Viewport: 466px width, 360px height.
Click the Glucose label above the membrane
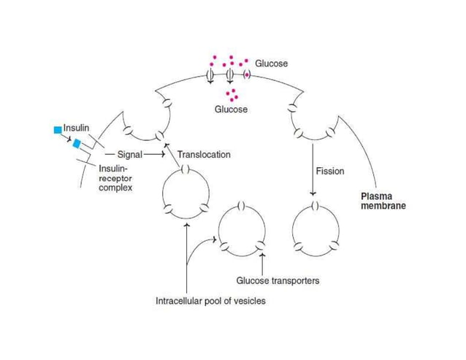[271, 64]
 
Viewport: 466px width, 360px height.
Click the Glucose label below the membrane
[231, 110]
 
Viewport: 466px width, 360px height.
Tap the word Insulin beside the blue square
[76, 128]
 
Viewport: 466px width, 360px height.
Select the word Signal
[129, 155]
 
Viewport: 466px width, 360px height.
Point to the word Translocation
[204, 155]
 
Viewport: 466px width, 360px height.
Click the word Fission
[329, 172]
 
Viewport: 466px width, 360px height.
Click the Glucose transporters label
[278, 280]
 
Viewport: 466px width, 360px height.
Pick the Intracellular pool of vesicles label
[210, 300]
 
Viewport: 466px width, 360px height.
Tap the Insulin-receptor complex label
[116, 177]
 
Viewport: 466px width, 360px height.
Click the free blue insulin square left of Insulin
[57, 130]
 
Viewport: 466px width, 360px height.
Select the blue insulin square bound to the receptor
[77, 143]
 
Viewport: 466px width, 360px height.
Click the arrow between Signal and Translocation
[153, 155]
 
